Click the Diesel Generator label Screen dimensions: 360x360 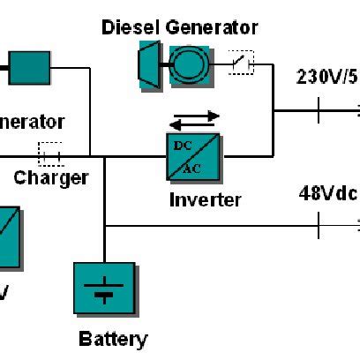pyautogui.click(x=179, y=27)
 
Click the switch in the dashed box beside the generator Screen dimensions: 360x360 pyautogui.click(x=240, y=61)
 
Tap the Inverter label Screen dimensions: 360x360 pyautogui.click(x=204, y=200)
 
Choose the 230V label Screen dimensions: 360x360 pyautogui.click(x=326, y=78)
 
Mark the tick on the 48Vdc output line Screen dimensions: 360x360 pyautogui.click(x=319, y=226)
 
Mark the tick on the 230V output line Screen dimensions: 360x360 pyautogui.click(x=319, y=111)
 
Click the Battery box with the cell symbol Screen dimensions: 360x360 pyautogui.click(x=104, y=289)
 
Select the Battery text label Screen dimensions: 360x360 pyautogui.click(x=113, y=338)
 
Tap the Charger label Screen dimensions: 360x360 pyautogui.click(x=50, y=178)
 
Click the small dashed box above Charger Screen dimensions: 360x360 pyautogui.click(x=50, y=154)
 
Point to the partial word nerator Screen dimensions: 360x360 pyautogui.click(x=32, y=122)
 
